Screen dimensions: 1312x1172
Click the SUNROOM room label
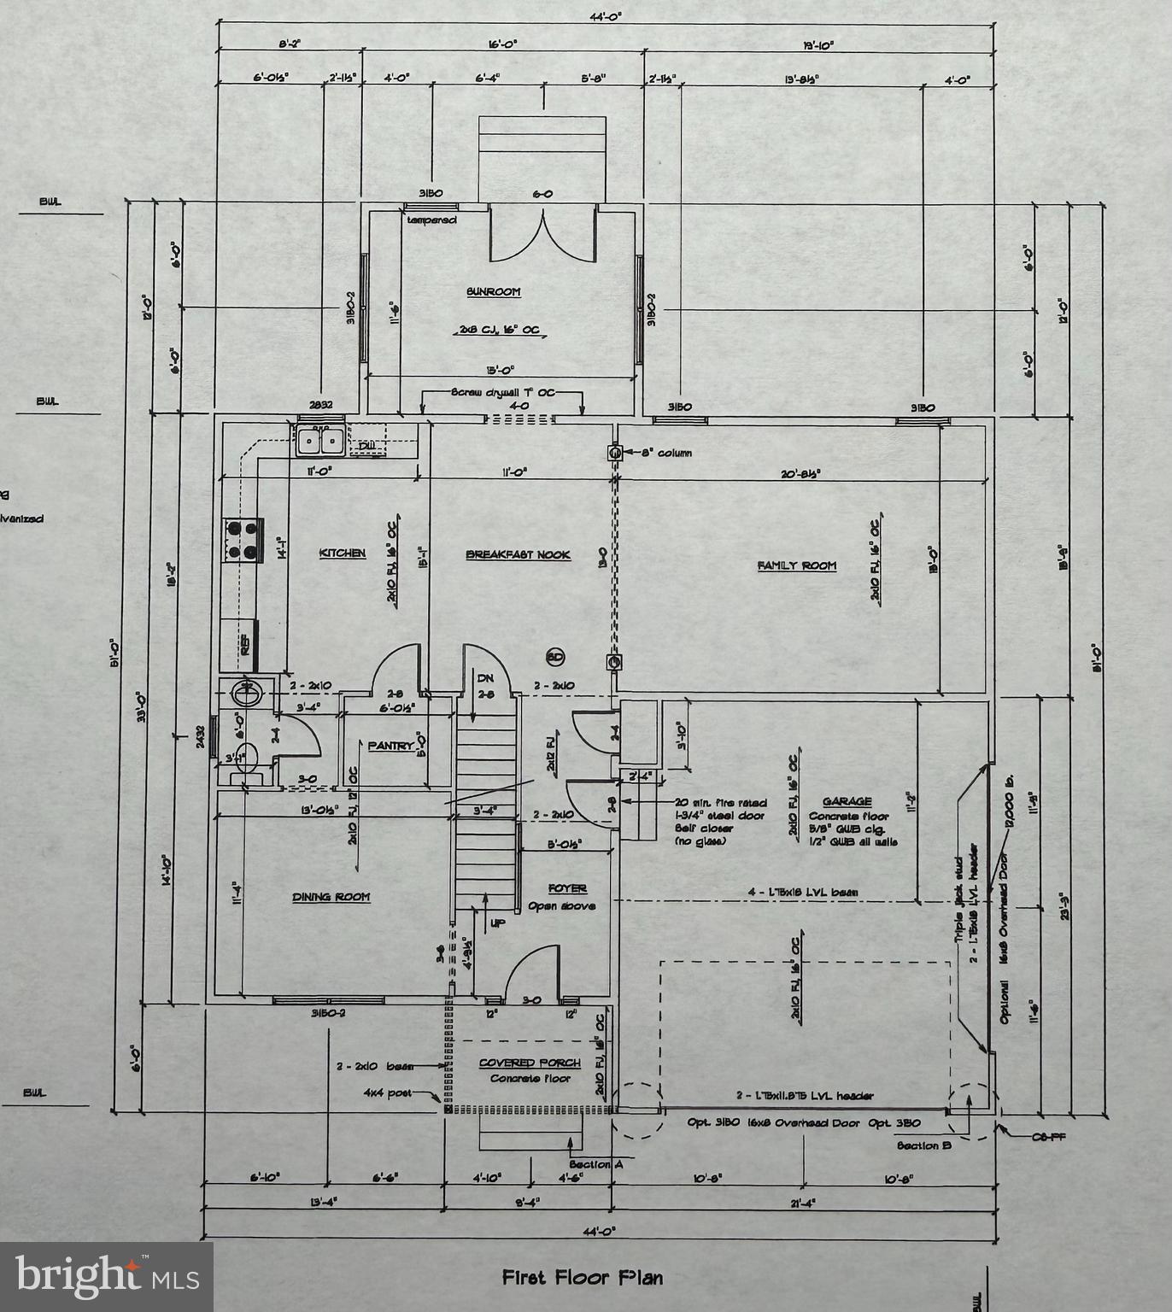(493, 292)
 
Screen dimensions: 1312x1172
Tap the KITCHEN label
(342, 553)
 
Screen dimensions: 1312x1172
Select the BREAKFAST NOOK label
(518, 555)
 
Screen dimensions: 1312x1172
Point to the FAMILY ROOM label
(796, 565)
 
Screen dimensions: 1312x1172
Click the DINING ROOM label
(331, 897)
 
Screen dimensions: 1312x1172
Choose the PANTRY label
(390, 746)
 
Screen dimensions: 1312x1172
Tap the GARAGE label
(847, 801)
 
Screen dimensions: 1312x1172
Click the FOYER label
(567, 888)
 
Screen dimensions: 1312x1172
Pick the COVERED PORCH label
(530, 1063)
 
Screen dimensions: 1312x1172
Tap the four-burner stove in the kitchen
(242, 541)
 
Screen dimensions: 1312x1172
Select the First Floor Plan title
(582, 1278)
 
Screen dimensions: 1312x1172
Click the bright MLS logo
(107, 1276)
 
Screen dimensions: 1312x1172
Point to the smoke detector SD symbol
(555, 657)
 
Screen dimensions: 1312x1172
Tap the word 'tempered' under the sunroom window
(431, 220)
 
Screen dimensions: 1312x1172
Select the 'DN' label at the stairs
(485, 678)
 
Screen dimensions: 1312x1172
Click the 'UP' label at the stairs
(497, 923)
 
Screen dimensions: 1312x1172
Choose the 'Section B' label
(923, 1145)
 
